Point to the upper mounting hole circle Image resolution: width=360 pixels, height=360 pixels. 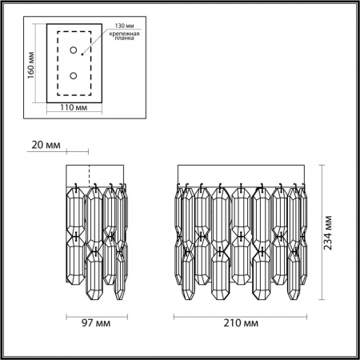coord(74,50)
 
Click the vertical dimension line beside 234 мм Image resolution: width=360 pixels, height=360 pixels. coord(322,232)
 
